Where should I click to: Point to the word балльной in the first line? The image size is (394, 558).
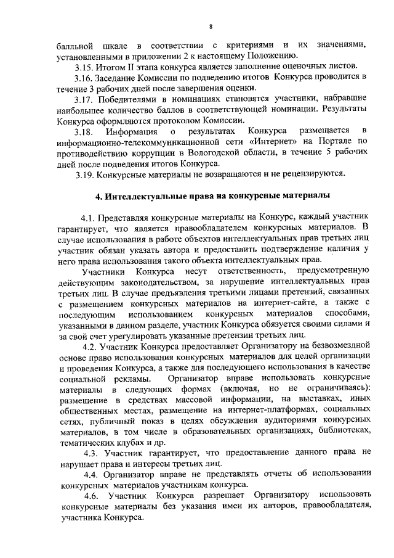point(75,45)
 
